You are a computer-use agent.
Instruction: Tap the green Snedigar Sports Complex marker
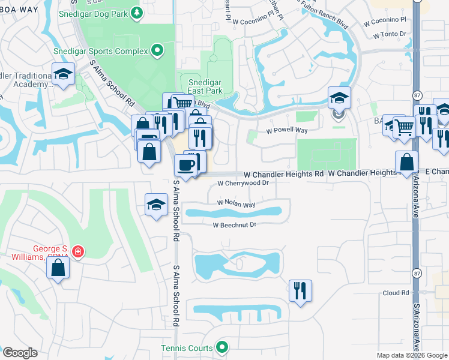(158, 51)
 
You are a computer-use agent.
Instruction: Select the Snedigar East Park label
(205, 86)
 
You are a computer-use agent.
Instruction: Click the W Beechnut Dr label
(234, 225)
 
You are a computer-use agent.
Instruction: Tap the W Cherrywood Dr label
(241, 183)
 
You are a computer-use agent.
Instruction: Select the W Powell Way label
(287, 131)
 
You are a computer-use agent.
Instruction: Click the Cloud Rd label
(396, 293)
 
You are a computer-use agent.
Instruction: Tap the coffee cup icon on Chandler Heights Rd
(185, 165)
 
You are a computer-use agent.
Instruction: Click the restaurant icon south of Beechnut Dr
(300, 290)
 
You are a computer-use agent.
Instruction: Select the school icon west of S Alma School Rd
(156, 205)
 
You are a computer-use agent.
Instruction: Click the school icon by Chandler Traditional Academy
(63, 74)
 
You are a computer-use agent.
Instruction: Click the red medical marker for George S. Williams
(77, 251)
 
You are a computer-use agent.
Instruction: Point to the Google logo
(20, 352)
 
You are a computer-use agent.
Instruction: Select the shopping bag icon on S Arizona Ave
(407, 162)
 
